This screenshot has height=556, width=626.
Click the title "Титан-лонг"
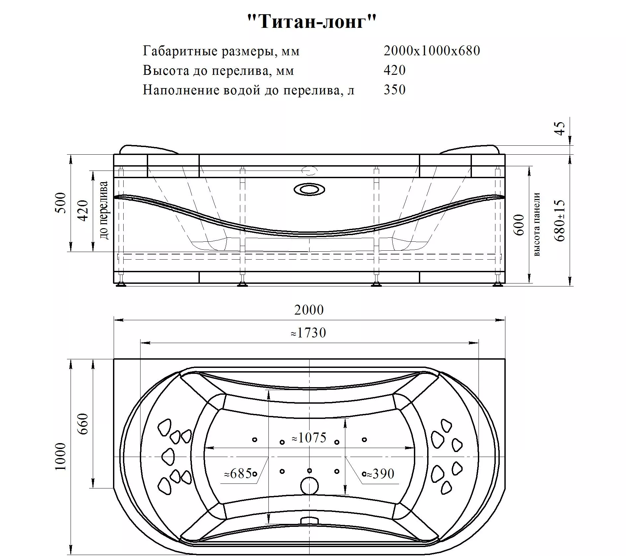(x=312, y=22)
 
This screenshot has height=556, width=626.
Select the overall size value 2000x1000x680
(x=432, y=51)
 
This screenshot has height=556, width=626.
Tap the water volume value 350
(x=394, y=90)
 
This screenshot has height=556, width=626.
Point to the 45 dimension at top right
(x=560, y=128)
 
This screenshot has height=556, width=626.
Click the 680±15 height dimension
(x=560, y=221)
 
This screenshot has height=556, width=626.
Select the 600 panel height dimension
(x=520, y=225)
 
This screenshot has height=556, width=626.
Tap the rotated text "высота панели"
(x=537, y=224)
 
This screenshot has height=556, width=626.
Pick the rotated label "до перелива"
(x=104, y=210)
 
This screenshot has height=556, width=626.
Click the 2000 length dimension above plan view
(x=309, y=310)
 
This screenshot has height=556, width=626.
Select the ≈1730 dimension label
(x=308, y=333)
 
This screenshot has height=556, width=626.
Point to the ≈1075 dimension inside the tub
(x=309, y=438)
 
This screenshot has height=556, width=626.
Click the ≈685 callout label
(x=238, y=474)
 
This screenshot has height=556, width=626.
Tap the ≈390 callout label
(x=380, y=474)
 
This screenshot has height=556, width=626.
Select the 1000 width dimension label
(x=61, y=457)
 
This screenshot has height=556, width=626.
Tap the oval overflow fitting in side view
(x=309, y=190)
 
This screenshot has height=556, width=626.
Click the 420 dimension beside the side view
(x=83, y=211)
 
